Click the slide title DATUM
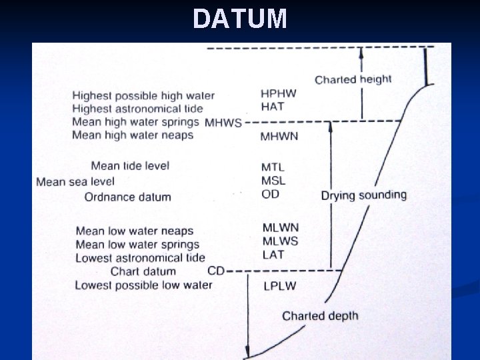(240, 19)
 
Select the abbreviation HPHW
(279, 93)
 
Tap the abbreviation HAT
(273, 106)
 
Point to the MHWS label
(223, 123)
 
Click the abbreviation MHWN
(279, 136)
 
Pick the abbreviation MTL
(273, 167)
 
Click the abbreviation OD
(271, 194)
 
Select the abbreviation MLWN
(280, 228)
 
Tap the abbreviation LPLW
(279, 286)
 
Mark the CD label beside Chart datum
(216, 271)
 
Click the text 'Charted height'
(353, 80)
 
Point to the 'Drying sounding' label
(363, 195)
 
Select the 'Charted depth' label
(320, 316)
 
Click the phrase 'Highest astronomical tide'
(137, 109)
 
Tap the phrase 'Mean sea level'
(75, 181)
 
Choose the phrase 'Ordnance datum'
(127, 197)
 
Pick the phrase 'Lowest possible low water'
(143, 285)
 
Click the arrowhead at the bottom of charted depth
(247, 353)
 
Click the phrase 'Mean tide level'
(130, 166)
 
